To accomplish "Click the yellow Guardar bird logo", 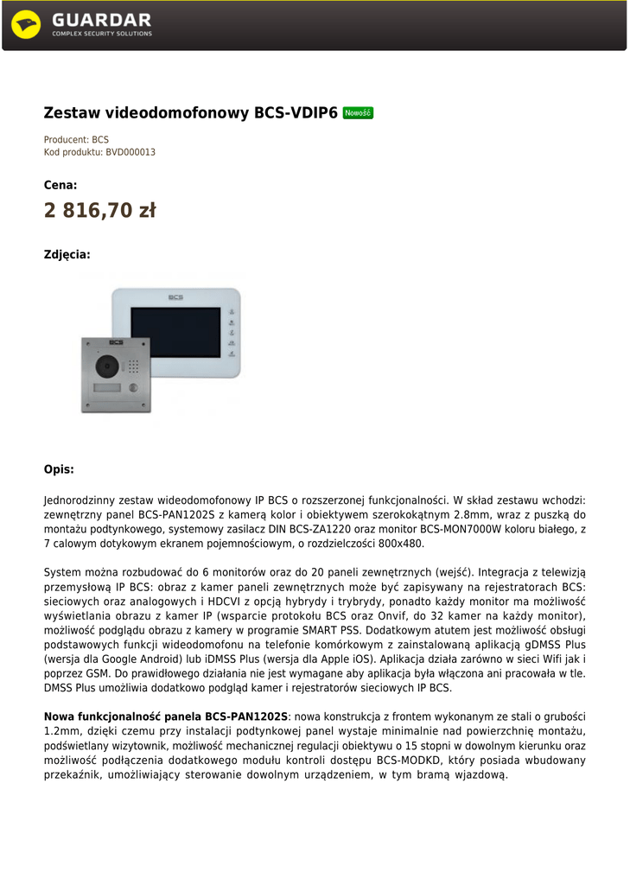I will pos(26,24).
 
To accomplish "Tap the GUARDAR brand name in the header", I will pos(101,19).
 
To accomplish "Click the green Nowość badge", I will pos(358,113).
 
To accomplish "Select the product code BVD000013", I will pos(130,152).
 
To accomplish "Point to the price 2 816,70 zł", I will pos(99,210).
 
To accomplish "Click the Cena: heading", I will pos(60,185).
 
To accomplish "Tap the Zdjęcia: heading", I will pos(67,254).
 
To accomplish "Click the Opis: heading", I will pos(59,469).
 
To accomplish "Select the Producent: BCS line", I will pos(76,139).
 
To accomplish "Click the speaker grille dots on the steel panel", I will pos(134,366).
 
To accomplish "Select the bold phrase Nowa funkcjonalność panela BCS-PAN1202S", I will pos(166,716).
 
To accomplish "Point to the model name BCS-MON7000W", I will pos(466,529).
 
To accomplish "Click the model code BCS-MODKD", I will pos(409,761).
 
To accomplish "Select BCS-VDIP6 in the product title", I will pos(296,113).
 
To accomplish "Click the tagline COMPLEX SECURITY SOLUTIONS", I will pos(101,34).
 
